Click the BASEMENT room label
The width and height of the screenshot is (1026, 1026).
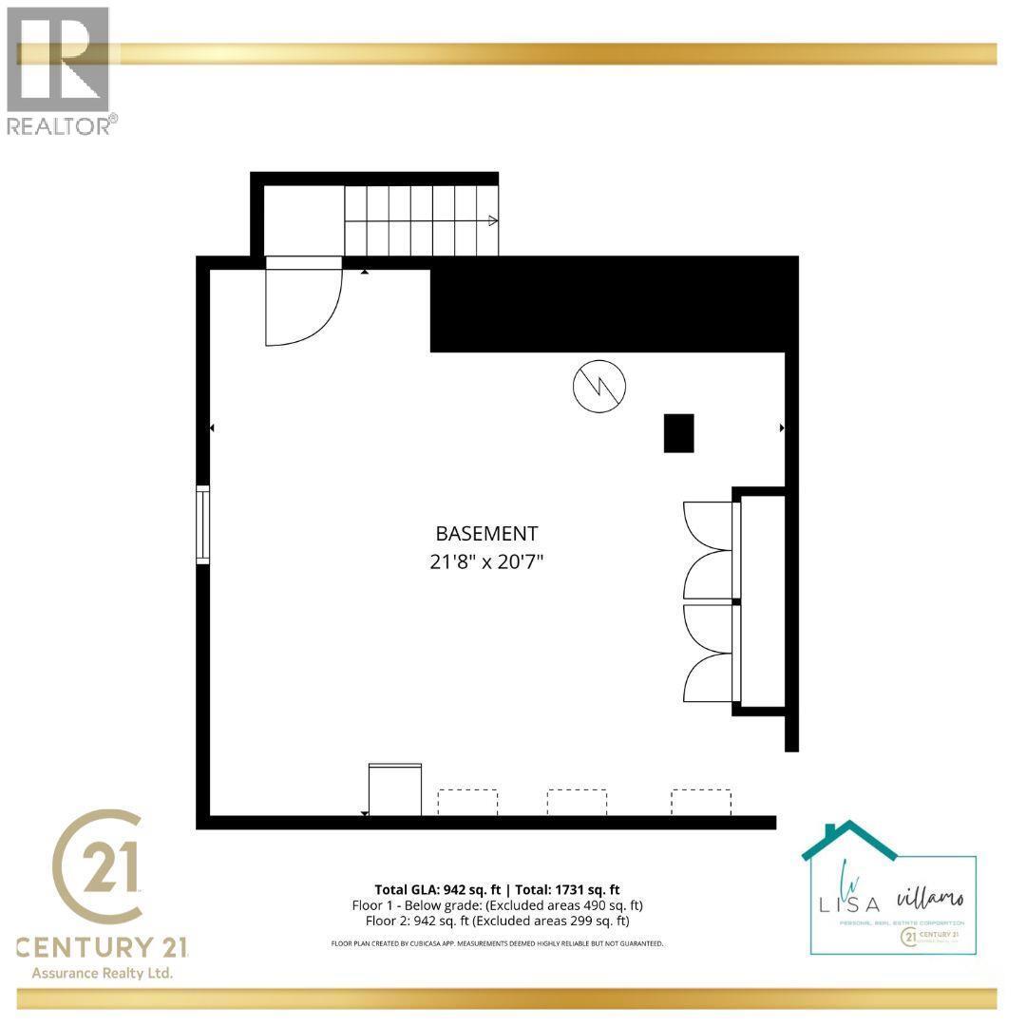coord(486,534)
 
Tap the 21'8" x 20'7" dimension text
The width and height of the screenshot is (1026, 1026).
coord(486,561)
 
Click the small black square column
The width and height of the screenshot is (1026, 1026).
coord(678,433)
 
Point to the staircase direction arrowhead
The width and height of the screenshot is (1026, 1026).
coord(493,221)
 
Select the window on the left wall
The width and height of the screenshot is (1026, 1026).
coord(202,524)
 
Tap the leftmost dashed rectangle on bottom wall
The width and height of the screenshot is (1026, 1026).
coord(467,802)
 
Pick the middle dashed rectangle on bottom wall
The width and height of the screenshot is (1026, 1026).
coord(577,802)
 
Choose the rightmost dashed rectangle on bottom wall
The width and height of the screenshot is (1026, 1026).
coord(701,802)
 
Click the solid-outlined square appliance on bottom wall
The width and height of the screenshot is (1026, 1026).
coord(394,789)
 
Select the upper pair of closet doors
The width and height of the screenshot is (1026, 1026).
coord(710,551)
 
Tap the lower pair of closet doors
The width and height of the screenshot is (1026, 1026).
coord(710,654)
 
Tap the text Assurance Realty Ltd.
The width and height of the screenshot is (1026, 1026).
coord(103,973)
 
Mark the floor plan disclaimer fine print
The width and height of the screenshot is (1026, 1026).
coord(497,943)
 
